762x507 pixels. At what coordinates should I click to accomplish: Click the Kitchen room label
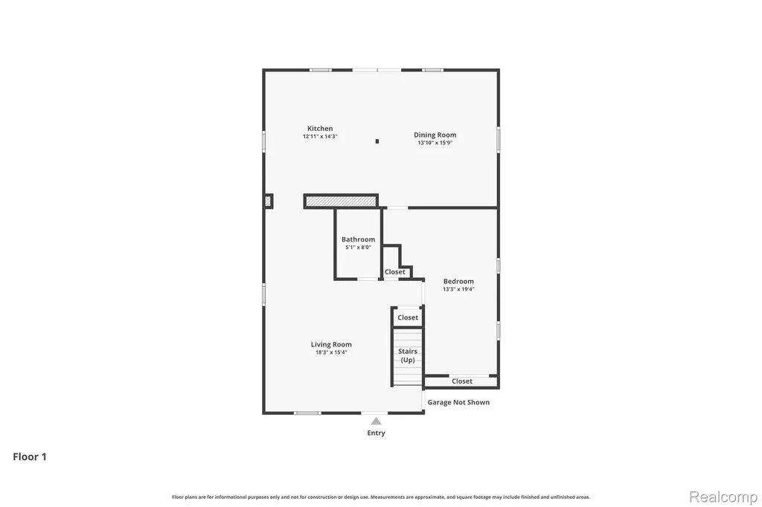point(320,129)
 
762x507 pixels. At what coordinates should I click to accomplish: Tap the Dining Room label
point(435,135)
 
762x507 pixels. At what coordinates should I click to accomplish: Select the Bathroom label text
point(358,239)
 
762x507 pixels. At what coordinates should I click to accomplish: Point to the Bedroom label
point(458,281)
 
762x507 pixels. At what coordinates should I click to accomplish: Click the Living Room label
point(331,345)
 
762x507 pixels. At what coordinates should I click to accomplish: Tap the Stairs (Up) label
point(408,355)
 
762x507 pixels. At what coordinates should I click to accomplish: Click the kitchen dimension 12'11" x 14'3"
point(320,137)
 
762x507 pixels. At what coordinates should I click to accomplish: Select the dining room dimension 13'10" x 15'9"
point(435,143)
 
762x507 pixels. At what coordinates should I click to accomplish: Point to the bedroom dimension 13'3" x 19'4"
point(458,289)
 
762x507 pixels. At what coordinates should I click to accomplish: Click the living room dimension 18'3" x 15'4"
point(331,352)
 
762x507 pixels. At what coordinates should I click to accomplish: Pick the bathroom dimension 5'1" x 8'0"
point(358,248)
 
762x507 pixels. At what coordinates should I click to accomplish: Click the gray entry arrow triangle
point(376,421)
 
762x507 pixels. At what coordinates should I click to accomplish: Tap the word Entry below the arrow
point(376,433)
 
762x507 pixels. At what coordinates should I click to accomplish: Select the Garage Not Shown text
point(458,402)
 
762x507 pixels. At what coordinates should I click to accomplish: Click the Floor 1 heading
point(30,456)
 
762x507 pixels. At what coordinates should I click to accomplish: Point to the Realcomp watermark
point(723,497)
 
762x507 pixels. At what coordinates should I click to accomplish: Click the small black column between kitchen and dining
point(377,141)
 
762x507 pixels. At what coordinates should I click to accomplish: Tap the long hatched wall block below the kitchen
point(341,201)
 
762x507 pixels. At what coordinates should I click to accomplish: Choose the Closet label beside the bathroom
point(394,272)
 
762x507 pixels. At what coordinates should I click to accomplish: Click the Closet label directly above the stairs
point(408,317)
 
